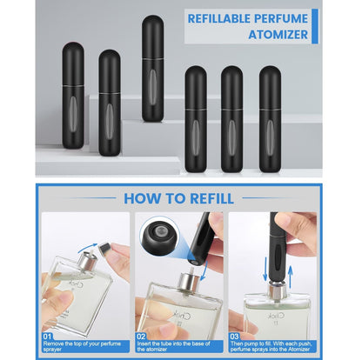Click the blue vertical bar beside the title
point(316,25)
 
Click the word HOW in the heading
point(144,197)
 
